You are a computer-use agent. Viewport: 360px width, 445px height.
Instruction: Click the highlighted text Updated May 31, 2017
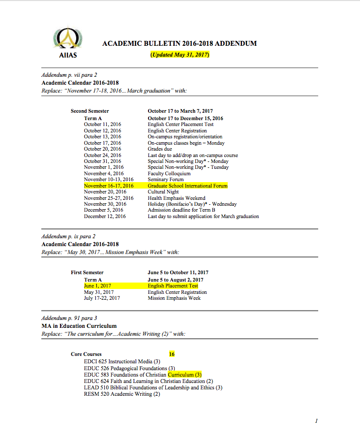click(180, 55)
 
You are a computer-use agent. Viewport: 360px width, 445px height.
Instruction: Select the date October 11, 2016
click(102, 125)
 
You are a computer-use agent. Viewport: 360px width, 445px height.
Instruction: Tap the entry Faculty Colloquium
click(169, 173)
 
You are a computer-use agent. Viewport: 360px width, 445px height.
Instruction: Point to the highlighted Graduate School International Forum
click(188, 186)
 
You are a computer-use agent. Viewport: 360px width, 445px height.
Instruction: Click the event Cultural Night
click(163, 192)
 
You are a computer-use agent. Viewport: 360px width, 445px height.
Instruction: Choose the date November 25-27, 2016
click(109, 198)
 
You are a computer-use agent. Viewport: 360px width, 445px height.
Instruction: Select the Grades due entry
click(160, 149)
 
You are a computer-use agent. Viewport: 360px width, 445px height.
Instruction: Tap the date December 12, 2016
click(105, 216)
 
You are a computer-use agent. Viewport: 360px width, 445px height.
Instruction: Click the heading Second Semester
click(90, 111)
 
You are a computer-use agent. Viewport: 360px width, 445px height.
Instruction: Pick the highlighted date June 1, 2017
click(97, 286)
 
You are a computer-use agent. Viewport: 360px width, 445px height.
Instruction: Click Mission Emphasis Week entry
click(174, 298)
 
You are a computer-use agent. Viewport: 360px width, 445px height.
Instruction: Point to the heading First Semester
click(87, 273)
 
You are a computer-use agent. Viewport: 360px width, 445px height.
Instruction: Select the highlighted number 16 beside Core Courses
click(172, 354)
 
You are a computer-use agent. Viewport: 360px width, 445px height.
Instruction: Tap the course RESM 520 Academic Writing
click(122, 394)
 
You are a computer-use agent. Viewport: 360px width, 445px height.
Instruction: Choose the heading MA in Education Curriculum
click(79, 326)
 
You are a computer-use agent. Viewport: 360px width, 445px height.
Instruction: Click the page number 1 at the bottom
click(317, 421)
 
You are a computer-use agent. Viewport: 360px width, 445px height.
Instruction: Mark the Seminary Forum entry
click(166, 180)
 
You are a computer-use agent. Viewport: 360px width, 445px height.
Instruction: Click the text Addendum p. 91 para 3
click(69, 318)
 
